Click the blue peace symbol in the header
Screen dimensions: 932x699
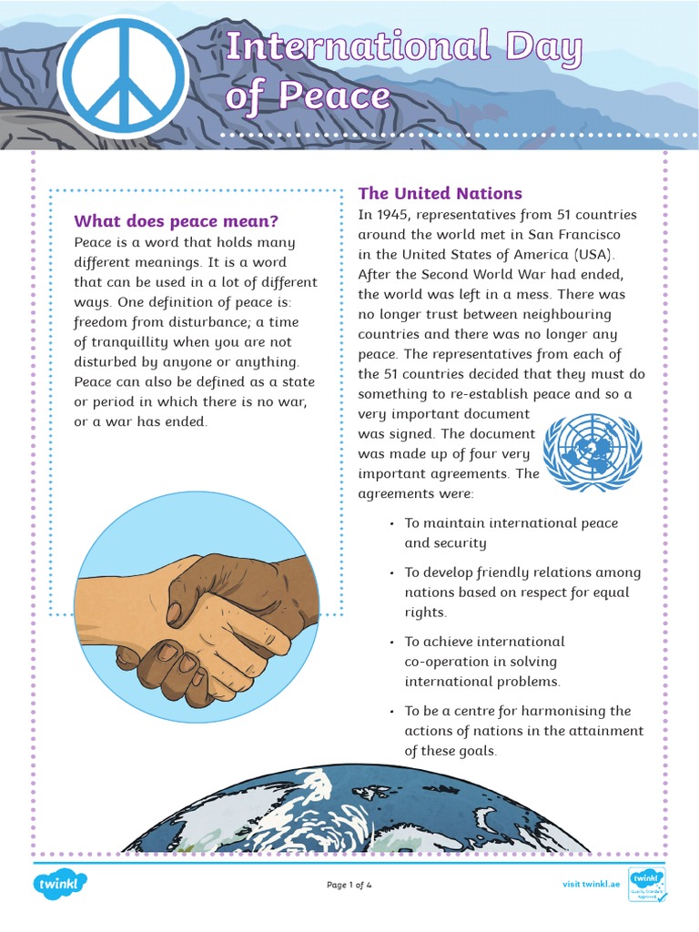(x=124, y=76)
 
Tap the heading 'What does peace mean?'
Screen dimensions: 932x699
(x=176, y=221)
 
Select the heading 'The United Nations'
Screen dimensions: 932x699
(x=440, y=193)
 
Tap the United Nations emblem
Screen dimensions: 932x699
(x=592, y=451)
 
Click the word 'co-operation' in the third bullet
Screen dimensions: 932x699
(x=447, y=662)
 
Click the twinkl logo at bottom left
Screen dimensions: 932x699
(x=61, y=884)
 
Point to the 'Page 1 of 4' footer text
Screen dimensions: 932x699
(x=349, y=885)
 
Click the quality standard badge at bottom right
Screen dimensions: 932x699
(x=647, y=885)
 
